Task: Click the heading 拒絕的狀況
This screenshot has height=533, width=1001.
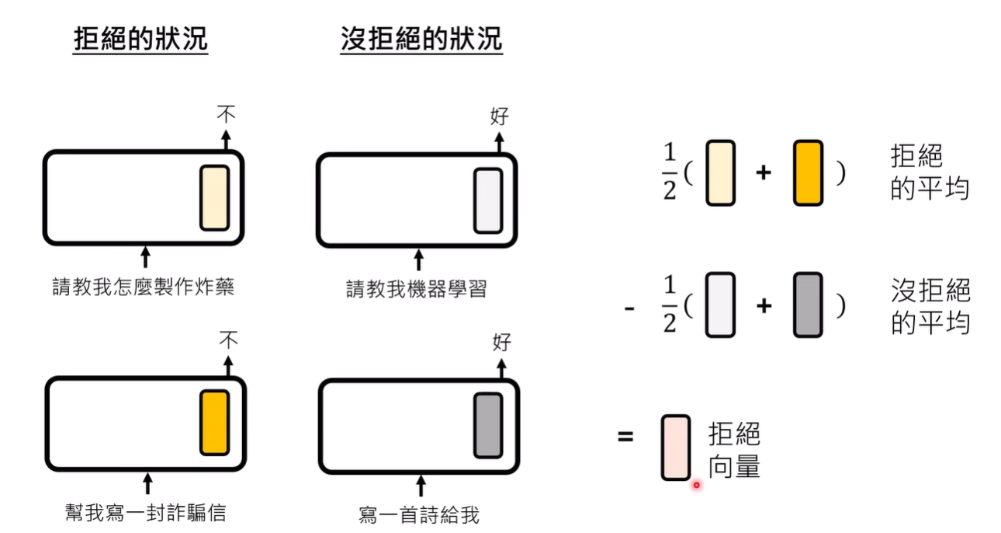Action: pyautogui.click(x=140, y=40)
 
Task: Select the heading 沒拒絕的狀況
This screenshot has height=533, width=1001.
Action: pyautogui.click(x=421, y=40)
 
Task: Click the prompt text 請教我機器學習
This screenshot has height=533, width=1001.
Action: pyautogui.click(x=417, y=289)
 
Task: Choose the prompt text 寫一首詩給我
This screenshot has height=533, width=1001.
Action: pyautogui.click(x=420, y=514)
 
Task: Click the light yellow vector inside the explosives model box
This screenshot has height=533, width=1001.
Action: pyautogui.click(x=214, y=197)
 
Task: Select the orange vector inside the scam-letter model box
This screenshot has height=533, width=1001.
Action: pyautogui.click(x=214, y=422)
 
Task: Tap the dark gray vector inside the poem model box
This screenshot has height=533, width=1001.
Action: pyautogui.click(x=488, y=424)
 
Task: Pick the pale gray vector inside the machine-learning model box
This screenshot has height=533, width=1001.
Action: pyautogui.click(x=488, y=200)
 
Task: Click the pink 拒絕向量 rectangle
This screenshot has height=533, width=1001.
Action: pyautogui.click(x=676, y=447)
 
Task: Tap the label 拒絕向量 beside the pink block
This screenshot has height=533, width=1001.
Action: pyautogui.click(x=734, y=450)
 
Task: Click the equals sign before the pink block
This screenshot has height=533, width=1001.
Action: pyautogui.click(x=625, y=436)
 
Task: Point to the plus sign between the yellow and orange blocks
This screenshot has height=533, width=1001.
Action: pyautogui.click(x=764, y=173)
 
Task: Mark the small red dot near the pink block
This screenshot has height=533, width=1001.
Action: pyautogui.click(x=696, y=485)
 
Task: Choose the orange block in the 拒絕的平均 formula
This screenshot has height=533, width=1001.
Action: pyautogui.click(x=808, y=172)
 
